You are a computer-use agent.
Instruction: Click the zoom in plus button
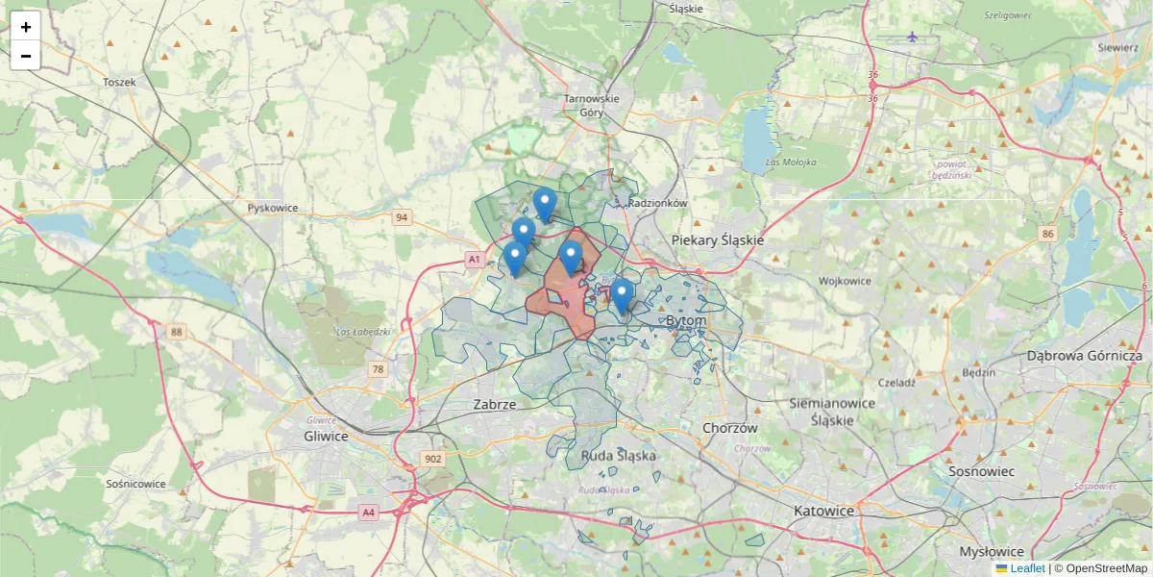tap(26, 27)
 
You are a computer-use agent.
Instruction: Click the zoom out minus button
tap(26, 56)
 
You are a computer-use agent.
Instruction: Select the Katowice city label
tap(823, 511)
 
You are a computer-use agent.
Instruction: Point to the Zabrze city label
tap(495, 405)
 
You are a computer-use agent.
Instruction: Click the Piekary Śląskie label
tap(717, 240)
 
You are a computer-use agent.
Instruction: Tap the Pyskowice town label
tap(273, 208)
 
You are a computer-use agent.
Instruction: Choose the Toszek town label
tap(119, 83)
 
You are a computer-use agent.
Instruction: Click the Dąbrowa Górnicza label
tap(1085, 356)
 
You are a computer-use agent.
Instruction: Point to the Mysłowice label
tap(992, 552)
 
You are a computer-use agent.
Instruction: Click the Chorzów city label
tap(730, 428)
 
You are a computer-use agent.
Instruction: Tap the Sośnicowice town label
tap(136, 484)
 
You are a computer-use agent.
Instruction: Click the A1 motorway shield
tap(474, 260)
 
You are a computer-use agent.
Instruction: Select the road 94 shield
tap(402, 218)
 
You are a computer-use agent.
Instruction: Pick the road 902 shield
tap(433, 459)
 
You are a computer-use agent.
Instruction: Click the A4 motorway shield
tap(368, 513)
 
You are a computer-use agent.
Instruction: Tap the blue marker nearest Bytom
tap(622, 294)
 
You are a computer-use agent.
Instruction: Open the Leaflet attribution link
tap(1026, 568)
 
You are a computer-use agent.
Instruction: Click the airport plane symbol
tap(912, 38)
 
